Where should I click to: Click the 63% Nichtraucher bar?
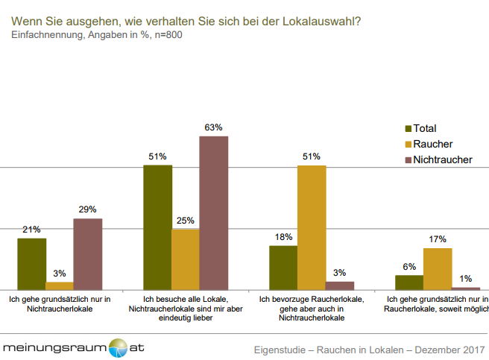213,212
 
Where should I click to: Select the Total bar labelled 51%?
157,227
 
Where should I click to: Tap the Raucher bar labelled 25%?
185,259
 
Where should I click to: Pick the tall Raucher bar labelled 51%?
311,227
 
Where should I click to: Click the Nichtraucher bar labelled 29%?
87,253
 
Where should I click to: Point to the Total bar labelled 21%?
31,263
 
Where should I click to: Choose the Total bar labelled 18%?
283,267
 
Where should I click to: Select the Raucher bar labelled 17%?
438,268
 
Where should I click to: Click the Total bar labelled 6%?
409,282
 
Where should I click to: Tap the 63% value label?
214,127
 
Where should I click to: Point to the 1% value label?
466,278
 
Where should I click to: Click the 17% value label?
438,239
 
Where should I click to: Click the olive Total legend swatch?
407,128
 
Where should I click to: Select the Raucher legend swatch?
407,144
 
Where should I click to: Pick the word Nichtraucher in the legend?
443,160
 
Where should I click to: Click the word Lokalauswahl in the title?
323,20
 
